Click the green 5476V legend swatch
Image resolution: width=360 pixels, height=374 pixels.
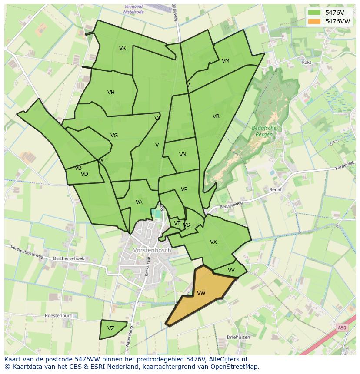314,13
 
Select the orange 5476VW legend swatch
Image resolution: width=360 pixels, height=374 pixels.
314,21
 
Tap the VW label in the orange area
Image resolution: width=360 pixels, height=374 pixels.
201,293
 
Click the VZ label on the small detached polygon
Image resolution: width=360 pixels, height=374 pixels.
111,328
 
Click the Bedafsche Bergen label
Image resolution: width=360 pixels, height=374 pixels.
264,131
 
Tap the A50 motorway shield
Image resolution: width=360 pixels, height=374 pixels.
342,328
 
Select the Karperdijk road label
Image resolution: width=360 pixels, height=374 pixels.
345,165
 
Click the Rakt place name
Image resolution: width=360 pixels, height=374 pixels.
307,63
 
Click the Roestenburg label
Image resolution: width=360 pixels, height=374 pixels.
58,316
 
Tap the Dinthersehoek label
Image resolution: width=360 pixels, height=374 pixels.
69,258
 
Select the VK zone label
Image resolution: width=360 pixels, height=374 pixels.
123,48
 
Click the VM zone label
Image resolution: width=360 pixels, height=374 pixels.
225,61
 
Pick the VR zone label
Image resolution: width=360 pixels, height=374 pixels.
216,116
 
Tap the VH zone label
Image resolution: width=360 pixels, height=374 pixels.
111,93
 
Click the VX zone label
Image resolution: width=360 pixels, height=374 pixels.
213,242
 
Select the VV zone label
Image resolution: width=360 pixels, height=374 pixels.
231,270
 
